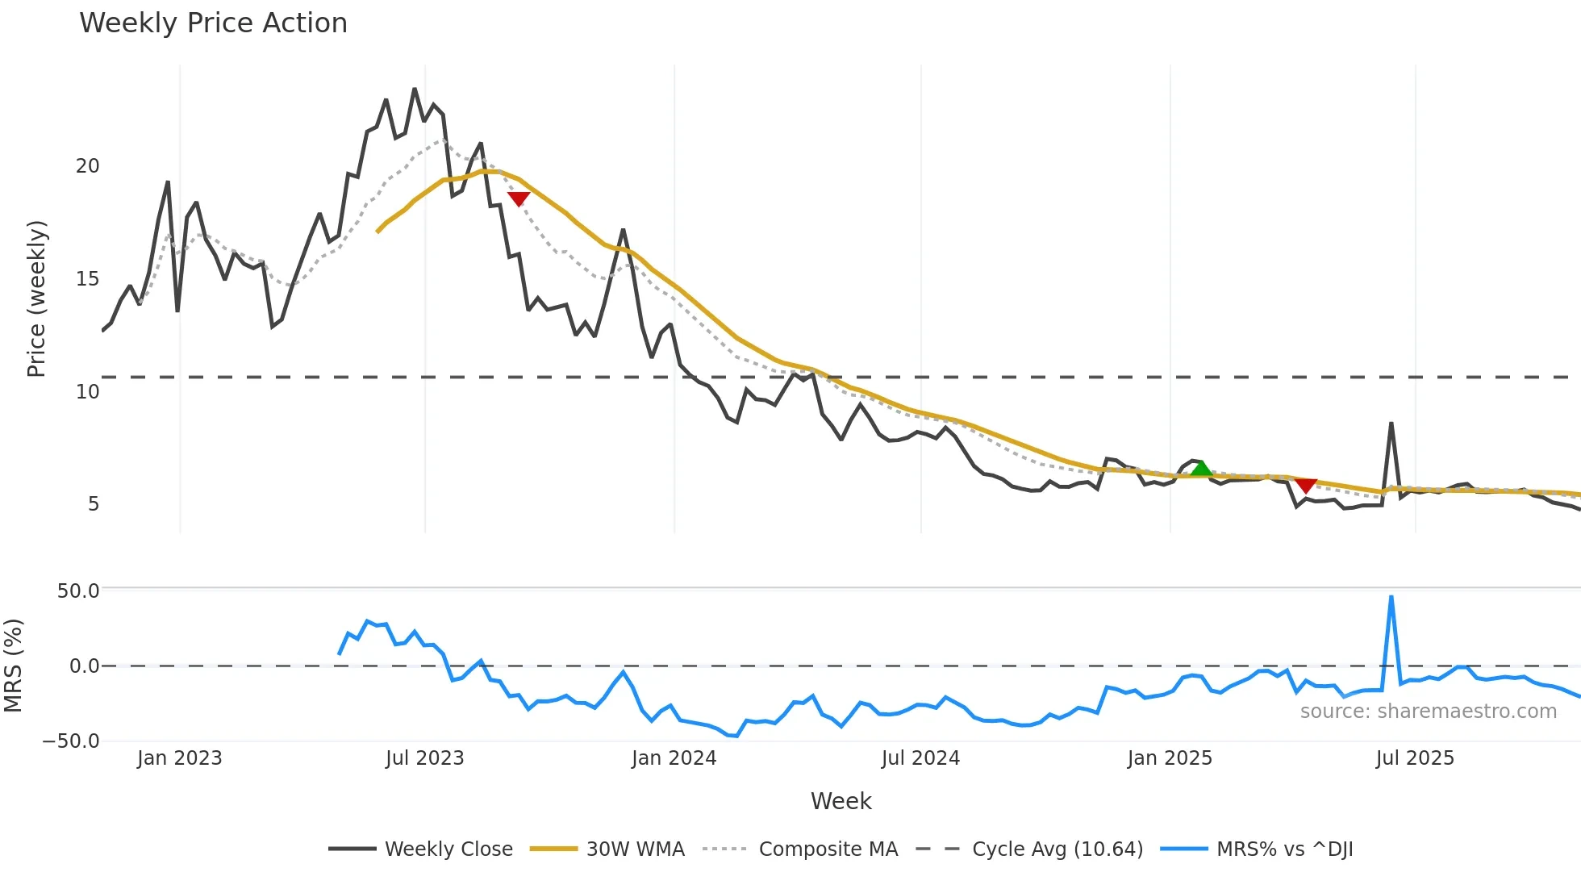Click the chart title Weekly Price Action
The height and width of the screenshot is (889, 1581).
coord(213,23)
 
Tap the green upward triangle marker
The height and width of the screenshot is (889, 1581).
coord(1201,469)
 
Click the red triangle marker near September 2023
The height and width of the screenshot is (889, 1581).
coord(519,198)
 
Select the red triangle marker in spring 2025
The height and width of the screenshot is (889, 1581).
coord(1306,485)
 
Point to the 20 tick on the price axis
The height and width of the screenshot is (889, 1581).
coord(88,166)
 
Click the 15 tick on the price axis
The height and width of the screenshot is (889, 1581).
coord(88,279)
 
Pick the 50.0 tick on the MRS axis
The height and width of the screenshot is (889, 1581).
coord(78,591)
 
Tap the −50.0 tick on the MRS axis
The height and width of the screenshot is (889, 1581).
coord(71,741)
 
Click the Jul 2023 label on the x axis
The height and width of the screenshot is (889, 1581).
coord(425,758)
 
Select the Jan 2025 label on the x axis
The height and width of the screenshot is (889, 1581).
coord(1170,758)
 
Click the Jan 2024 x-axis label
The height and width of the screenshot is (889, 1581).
coord(674,758)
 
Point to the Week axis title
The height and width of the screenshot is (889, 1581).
coord(841,801)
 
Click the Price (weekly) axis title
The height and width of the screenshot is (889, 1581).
coord(37,298)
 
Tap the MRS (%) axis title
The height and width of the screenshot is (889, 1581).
coord(14,666)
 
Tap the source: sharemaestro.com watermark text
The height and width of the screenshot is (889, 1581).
coord(1429,712)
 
